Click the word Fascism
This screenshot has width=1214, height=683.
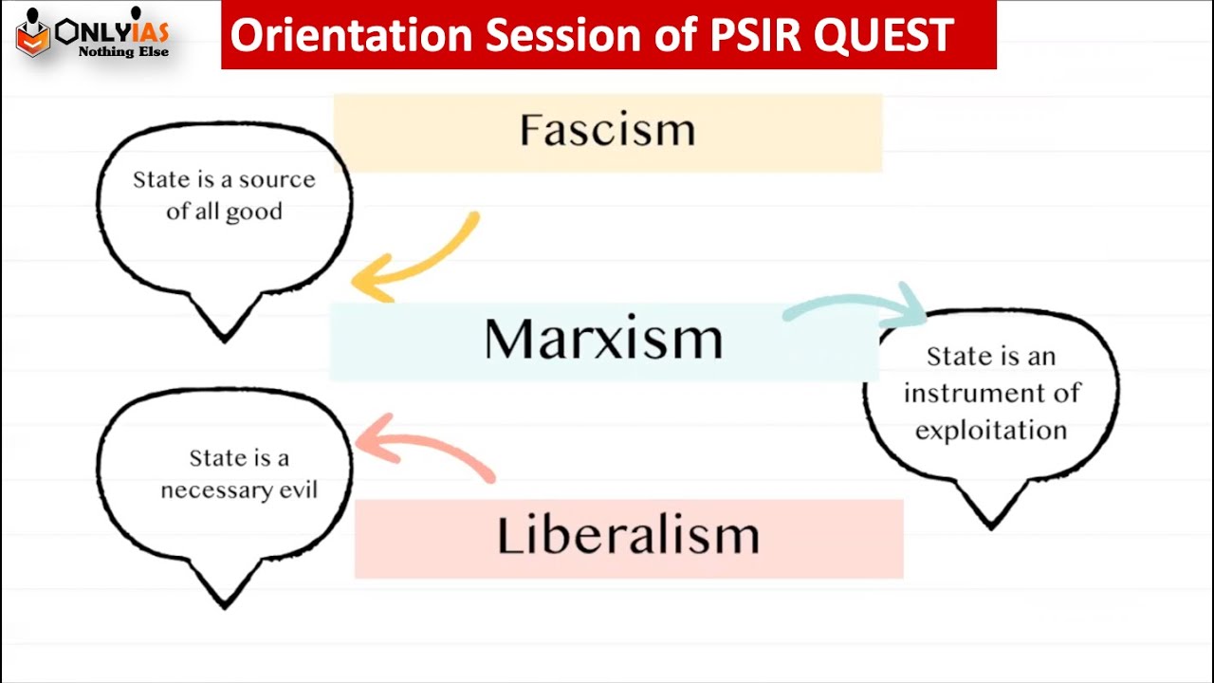[607, 131]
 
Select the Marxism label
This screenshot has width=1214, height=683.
[603, 339]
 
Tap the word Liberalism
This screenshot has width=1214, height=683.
[628, 536]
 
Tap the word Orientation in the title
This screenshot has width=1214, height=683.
[351, 35]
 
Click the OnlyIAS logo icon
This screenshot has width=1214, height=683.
[32, 36]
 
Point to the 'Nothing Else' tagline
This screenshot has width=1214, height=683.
[123, 51]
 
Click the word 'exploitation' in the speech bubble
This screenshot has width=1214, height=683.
[991, 431]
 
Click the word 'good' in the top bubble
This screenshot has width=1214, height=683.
[255, 212]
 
